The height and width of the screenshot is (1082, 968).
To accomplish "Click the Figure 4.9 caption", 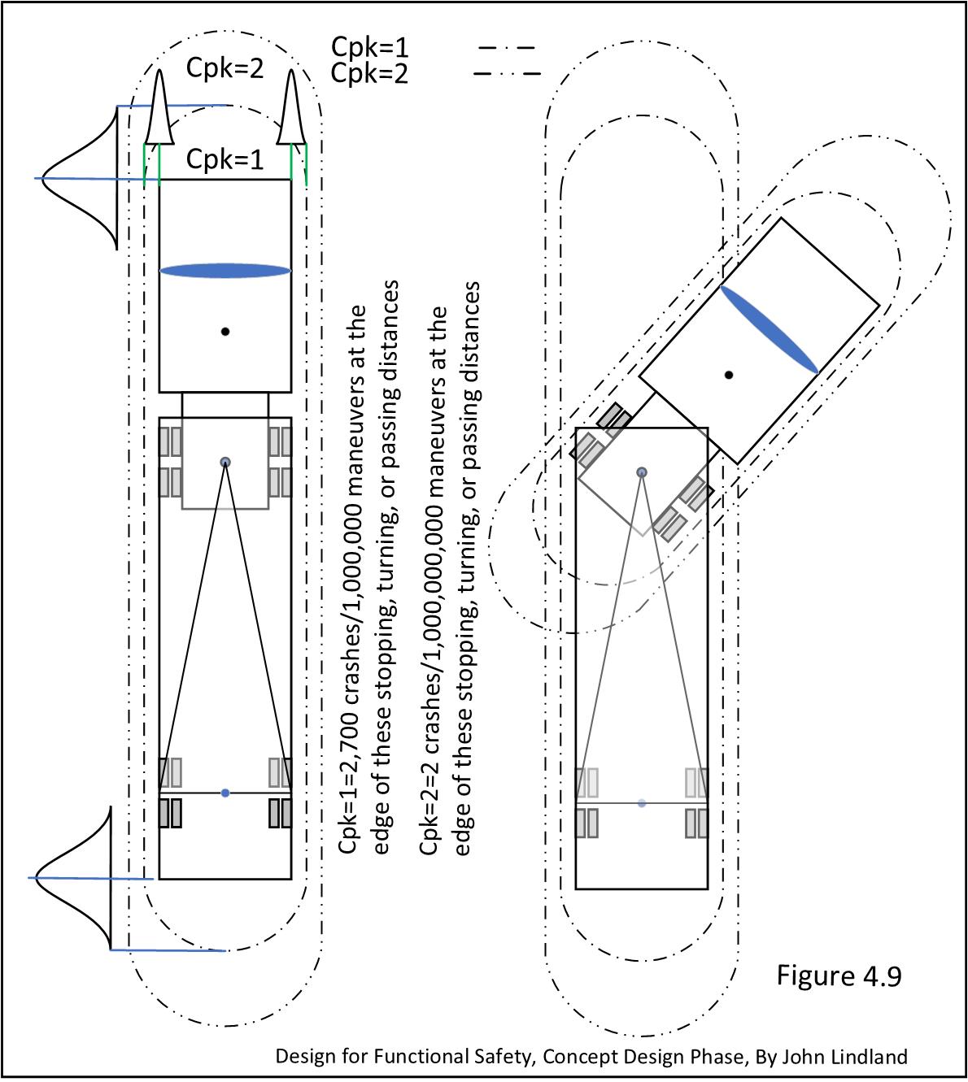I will point(839,975).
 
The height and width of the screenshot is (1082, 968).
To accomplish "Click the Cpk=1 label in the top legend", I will point(369,48).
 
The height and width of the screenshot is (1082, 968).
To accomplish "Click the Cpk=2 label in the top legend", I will point(369,74).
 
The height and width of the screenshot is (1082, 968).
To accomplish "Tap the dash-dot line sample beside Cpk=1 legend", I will point(507,48).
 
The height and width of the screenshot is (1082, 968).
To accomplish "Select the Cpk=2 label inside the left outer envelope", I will point(225,68).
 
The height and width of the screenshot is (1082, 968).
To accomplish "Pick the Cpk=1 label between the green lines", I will point(225,159).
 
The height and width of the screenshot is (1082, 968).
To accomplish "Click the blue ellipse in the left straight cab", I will point(225,271).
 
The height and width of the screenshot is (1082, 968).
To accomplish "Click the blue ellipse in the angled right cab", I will point(769,329).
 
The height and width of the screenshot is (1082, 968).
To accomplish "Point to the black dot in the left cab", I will point(225,332).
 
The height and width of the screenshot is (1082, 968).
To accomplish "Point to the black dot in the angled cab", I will point(729,375).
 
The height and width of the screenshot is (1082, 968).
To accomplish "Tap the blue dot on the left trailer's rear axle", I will point(225,793).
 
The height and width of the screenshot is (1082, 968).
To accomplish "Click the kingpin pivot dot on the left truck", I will point(225,462).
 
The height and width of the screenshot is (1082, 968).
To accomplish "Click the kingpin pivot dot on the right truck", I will point(642,472).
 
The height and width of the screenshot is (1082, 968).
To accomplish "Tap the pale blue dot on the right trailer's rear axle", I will point(642,803).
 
